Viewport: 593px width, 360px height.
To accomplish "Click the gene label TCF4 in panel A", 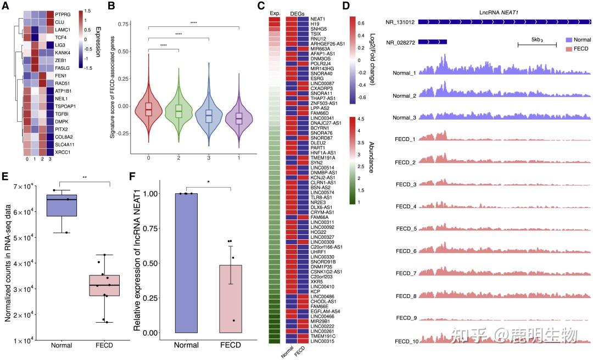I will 60,37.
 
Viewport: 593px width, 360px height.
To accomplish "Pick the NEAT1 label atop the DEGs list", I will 317,19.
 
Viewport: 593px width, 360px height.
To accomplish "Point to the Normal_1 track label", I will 404,72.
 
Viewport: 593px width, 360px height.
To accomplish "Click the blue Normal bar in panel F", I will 187,263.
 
